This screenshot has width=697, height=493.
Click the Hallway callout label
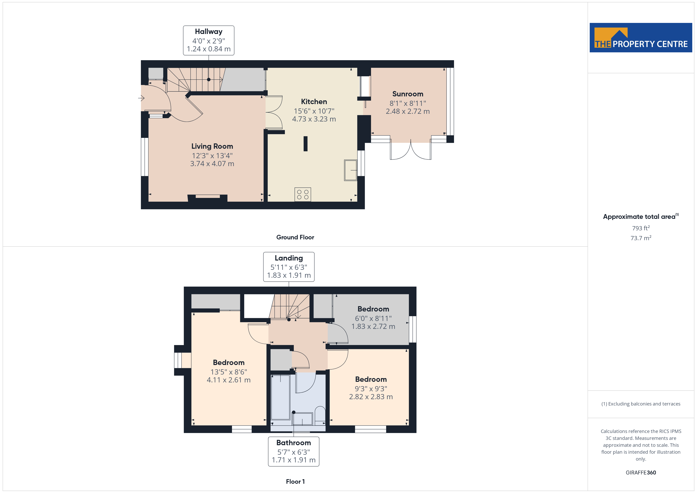(209, 40)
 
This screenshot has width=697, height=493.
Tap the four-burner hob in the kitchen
(303, 195)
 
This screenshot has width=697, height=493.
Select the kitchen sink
(351, 170)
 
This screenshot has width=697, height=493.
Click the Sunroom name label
(408, 94)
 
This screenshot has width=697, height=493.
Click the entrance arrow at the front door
(141, 98)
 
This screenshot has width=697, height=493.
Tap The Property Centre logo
(641, 38)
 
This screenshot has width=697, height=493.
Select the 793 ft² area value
(641, 228)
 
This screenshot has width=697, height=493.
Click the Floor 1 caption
(295, 482)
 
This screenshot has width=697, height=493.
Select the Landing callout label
(289, 267)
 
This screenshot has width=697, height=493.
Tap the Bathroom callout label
(294, 451)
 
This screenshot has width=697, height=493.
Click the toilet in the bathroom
(320, 414)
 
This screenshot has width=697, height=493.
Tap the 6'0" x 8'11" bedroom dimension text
(373, 318)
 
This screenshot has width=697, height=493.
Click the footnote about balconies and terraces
(641, 404)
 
